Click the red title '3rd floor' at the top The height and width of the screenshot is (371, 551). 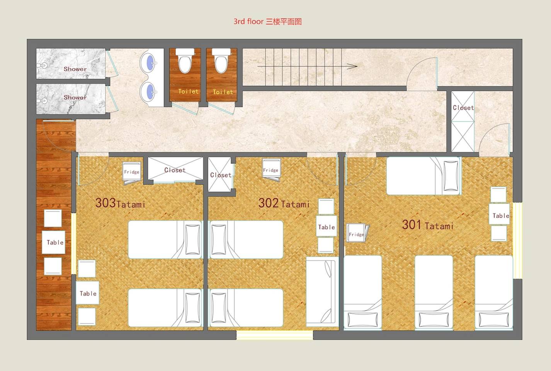tap(248, 22)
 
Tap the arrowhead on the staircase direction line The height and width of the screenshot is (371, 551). tap(352, 66)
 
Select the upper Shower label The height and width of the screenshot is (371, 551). tap(75, 69)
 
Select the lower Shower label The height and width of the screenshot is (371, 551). tap(75, 97)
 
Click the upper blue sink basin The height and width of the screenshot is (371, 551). tap(151, 63)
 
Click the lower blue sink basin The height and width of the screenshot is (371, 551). tap(151, 92)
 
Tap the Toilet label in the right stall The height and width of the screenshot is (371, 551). tap(223, 92)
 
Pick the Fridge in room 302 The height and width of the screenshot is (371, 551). tap(271, 170)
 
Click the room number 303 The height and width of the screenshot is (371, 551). tap(105, 203)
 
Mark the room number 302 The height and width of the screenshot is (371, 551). tap(269, 203)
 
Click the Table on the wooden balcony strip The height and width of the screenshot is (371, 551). tap(53, 242)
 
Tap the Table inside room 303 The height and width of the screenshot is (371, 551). tap(88, 293)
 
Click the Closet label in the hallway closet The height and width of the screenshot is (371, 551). tap(463, 108)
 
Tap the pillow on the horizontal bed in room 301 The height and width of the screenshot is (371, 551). tap(451, 176)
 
